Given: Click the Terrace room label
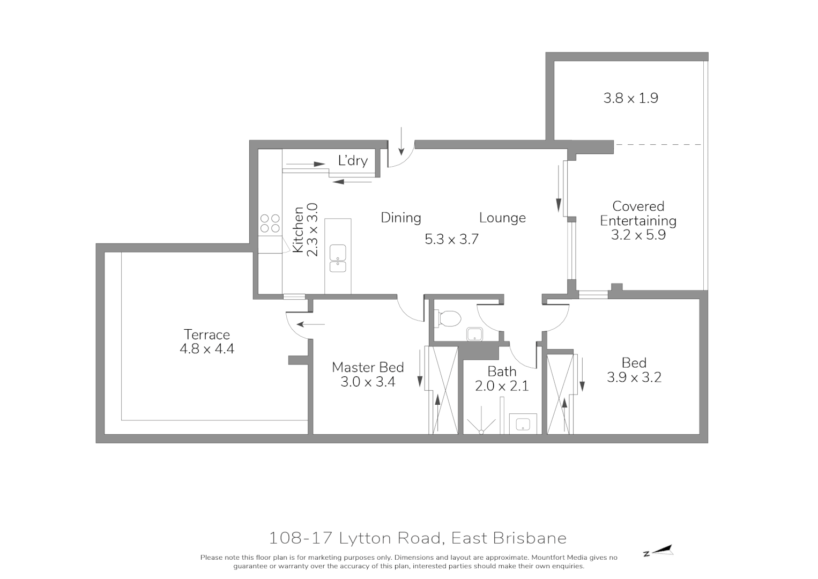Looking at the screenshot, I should tap(207, 335).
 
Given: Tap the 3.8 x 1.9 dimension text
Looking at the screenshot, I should tap(630, 98).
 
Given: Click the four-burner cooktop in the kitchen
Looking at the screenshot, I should tap(270, 223).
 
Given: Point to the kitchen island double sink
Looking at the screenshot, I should tap(338, 258).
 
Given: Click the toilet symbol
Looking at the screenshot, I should tap(448, 318).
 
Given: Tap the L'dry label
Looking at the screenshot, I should tap(353, 160).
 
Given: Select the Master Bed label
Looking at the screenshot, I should tap(368, 367).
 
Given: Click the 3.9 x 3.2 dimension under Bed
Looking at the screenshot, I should tap(634, 377).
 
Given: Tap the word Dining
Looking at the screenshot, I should tap(401, 218).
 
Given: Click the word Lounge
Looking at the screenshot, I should tap(502, 218).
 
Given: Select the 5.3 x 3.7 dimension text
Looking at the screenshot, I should tap(451, 239).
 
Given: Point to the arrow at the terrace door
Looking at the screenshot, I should tap(311, 324).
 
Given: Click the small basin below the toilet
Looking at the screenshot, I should tap(474, 335).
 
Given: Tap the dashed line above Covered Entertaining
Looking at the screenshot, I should tap(658, 144).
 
